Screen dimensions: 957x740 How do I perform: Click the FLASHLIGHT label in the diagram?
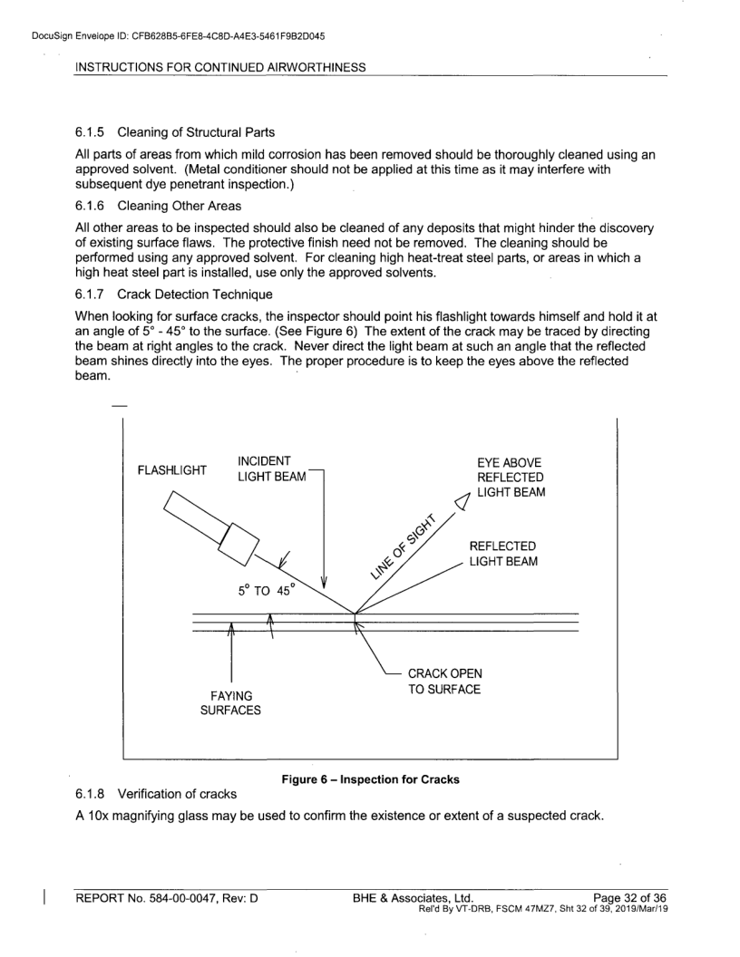(171, 470)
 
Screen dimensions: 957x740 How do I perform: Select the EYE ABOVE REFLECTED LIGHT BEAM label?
(509, 478)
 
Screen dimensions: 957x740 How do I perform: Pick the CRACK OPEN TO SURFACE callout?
(444, 681)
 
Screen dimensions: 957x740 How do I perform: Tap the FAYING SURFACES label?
(230, 702)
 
